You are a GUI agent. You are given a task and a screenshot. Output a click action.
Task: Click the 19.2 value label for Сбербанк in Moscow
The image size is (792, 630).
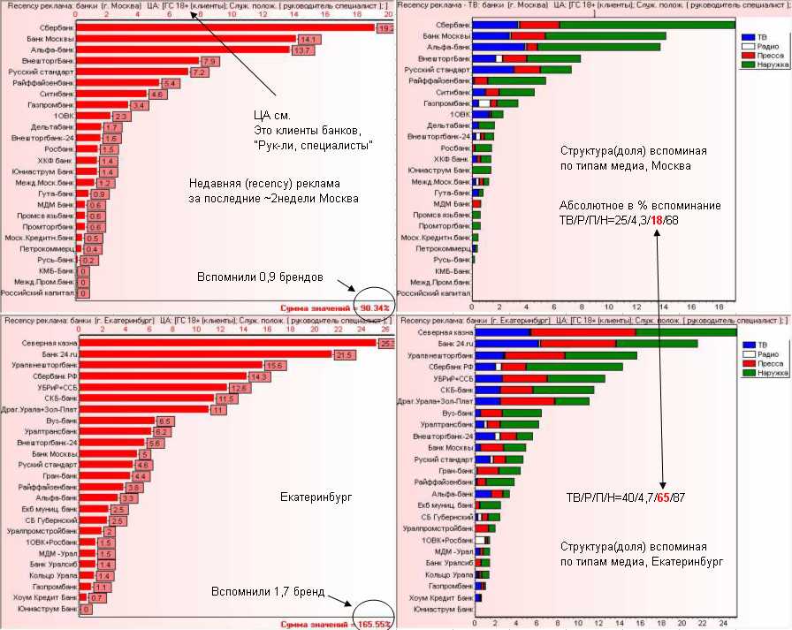[x=385, y=28]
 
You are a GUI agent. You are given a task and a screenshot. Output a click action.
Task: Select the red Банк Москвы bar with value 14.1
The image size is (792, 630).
[x=186, y=40]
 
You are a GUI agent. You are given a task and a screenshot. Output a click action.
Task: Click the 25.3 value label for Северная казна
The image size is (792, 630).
[x=386, y=343]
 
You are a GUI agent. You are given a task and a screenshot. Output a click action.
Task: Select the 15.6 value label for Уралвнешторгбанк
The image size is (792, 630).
[x=273, y=365]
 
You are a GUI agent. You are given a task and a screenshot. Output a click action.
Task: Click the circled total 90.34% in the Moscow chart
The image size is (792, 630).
[x=372, y=307]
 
